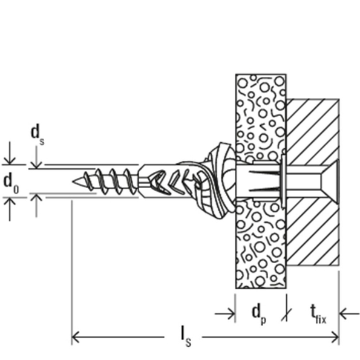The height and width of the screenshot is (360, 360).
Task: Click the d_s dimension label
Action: click(38, 136)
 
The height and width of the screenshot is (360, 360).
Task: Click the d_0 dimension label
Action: click(11, 183)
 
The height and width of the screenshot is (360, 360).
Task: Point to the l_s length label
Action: click(186, 338)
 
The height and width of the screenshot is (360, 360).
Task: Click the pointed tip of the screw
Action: click(73, 182)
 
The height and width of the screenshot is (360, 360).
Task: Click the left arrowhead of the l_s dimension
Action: click(75, 337)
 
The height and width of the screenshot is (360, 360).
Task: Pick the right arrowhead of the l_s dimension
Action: click(335, 337)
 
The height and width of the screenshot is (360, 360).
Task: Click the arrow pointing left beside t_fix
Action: click(349, 314)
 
